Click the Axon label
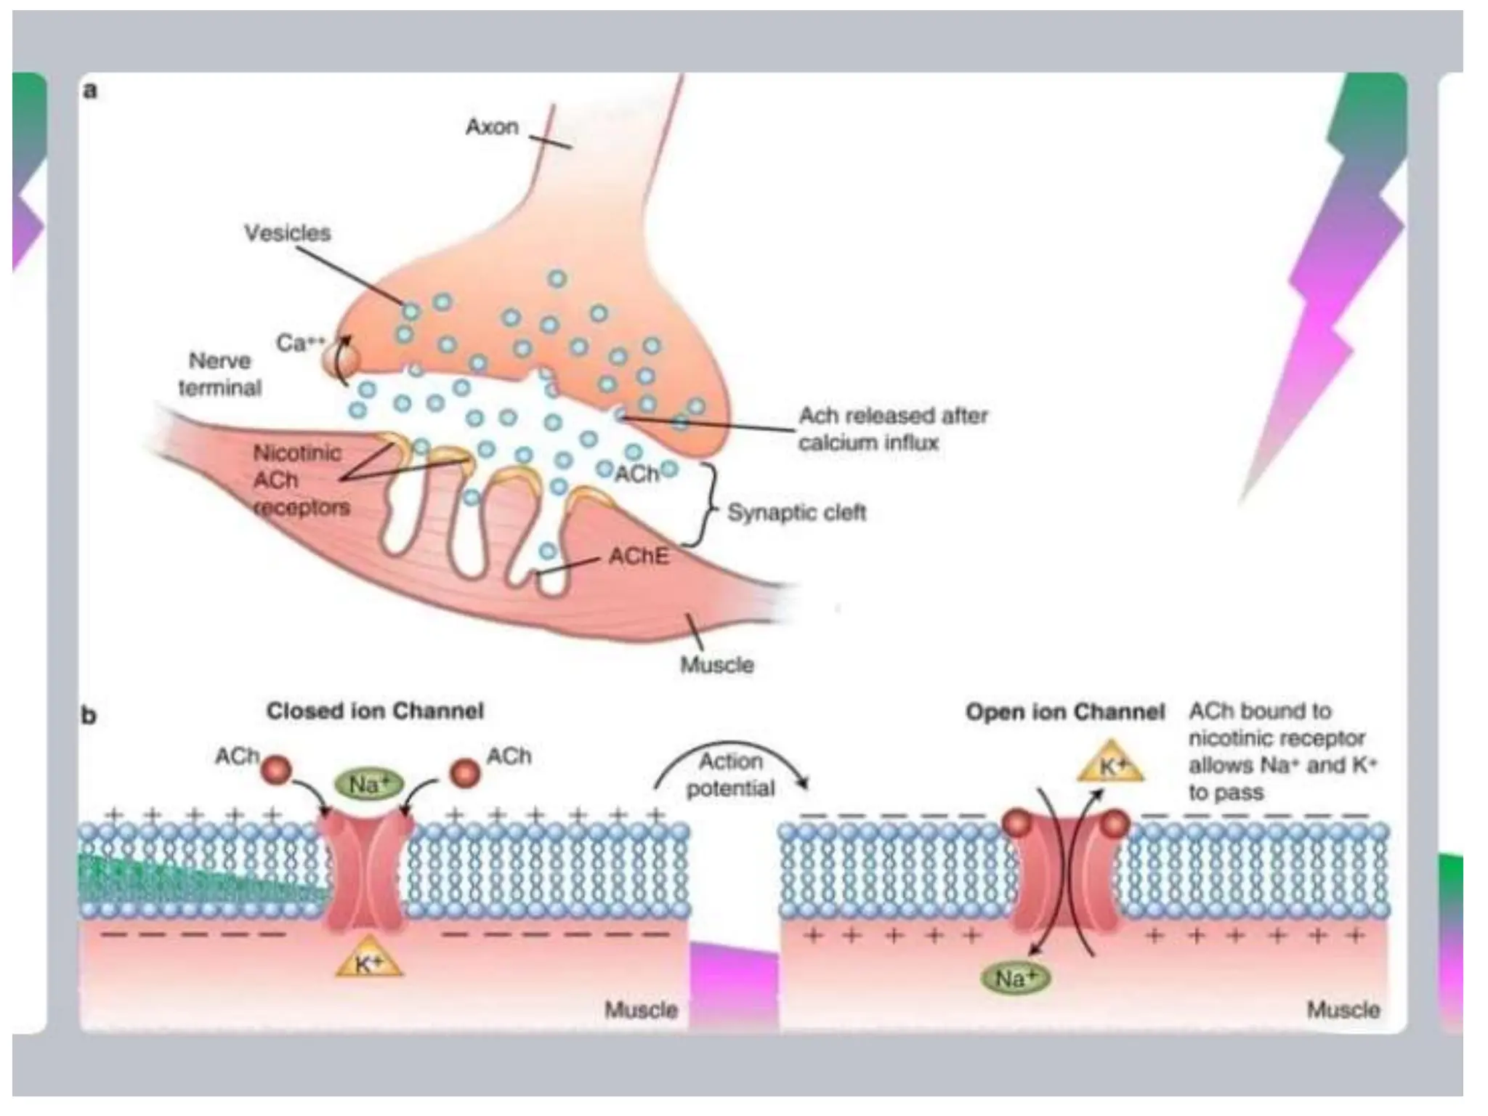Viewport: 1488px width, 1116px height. [492, 127]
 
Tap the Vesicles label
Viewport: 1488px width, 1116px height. [288, 233]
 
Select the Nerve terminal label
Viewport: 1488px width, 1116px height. [219, 374]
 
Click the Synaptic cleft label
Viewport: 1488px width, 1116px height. [796, 513]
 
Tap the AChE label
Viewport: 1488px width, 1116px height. [639, 557]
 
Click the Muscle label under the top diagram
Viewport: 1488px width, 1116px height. [716, 665]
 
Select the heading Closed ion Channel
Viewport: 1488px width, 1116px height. [375, 711]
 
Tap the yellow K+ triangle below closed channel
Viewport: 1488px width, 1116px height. [369, 963]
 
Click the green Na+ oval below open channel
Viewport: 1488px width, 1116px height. [1015, 979]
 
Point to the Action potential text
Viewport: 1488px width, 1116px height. [731, 775]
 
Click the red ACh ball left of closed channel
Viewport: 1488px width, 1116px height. [276, 770]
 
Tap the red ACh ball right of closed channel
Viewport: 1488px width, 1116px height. [464, 772]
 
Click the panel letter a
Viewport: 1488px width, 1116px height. [90, 91]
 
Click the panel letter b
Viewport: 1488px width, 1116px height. [89, 716]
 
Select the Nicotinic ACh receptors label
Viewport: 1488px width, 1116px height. [299, 480]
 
